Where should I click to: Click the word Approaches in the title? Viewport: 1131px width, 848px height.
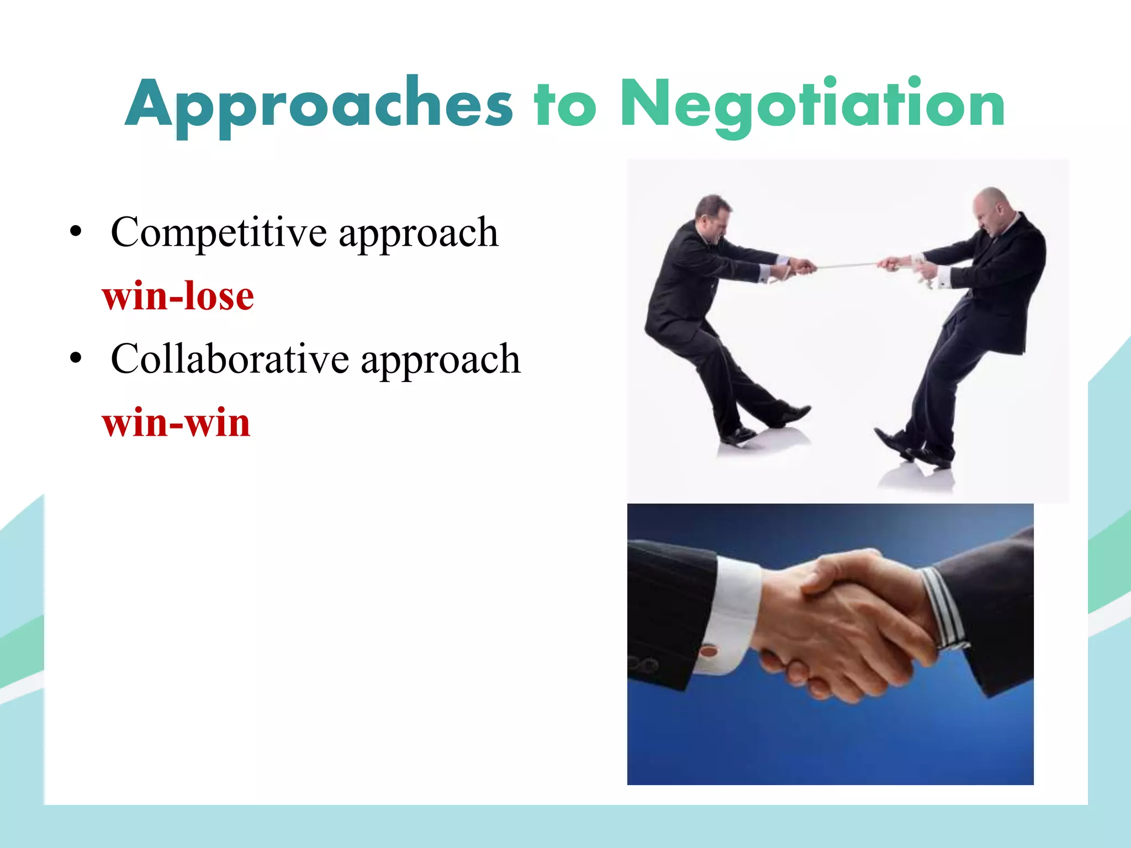[x=319, y=105]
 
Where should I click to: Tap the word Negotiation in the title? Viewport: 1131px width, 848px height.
[x=812, y=105]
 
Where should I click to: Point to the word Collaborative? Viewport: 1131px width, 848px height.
[x=230, y=359]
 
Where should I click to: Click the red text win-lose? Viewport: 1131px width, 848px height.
[x=178, y=296]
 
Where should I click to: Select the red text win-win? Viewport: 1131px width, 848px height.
[x=176, y=423]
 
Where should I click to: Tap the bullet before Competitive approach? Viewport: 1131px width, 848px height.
[x=76, y=232]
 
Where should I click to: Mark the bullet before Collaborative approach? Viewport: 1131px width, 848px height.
[x=76, y=359]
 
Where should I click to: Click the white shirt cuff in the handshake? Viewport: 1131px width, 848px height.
[x=732, y=613]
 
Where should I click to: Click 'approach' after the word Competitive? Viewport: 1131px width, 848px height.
[x=418, y=233]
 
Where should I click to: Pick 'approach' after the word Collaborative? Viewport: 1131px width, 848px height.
[x=440, y=359]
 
